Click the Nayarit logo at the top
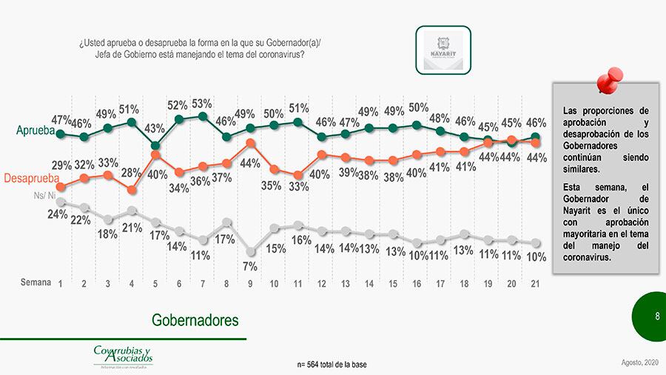tap(443, 50)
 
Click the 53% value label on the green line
tap(202, 104)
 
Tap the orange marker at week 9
tap(250, 143)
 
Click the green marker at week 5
tap(155, 146)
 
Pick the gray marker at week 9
tap(250, 251)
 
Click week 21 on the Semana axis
tap(534, 283)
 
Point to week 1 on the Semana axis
tap(60, 283)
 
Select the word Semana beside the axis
tap(36, 282)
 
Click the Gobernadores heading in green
tap(195, 320)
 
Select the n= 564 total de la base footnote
tap(332, 364)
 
